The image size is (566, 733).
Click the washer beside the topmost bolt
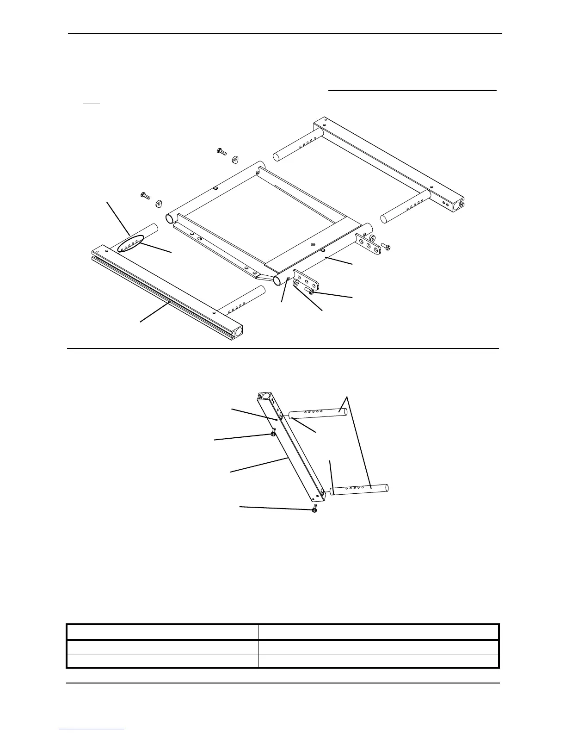pyautogui.click(x=234, y=159)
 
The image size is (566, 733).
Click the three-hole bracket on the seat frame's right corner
pyautogui.click(x=369, y=243)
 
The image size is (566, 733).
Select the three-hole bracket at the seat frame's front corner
pyautogui.click(x=307, y=280)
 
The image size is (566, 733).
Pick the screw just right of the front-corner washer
pyautogui.click(x=311, y=292)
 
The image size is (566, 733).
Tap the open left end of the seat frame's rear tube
pyautogui.click(x=169, y=218)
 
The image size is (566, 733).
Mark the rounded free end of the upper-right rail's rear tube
pyautogui.click(x=277, y=156)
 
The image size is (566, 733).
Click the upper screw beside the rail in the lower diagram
pyautogui.click(x=273, y=433)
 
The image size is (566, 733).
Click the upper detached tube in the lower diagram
pyautogui.click(x=317, y=413)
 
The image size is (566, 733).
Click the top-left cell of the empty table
pyautogui.click(x=162, y=632)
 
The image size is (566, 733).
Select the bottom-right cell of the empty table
pyautogui.click(x=378, y=660)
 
